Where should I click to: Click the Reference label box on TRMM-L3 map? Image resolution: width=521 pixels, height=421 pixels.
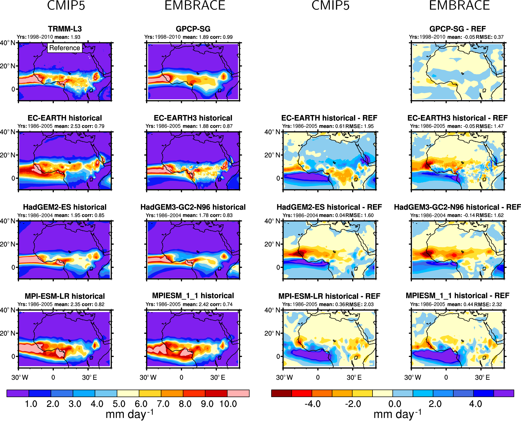point(65,48)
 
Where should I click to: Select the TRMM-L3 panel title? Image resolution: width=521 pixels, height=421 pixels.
point(65,29)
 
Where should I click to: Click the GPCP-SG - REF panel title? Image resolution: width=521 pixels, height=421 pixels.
point(457,29)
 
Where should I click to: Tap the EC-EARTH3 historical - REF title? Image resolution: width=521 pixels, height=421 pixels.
point(457,118)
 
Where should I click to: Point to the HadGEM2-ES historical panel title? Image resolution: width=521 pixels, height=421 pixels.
point(65,207)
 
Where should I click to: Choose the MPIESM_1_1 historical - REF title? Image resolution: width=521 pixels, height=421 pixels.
point(457,296)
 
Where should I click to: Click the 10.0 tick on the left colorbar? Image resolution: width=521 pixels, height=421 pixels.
point(228,404)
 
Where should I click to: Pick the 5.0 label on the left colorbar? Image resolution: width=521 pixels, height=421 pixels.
point(119,404)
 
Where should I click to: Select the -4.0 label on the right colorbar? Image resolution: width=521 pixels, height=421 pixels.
point(312,404)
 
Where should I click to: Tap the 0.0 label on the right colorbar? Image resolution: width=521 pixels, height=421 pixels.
point(394,404)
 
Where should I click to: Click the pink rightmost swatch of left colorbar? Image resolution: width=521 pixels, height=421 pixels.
point(238,393)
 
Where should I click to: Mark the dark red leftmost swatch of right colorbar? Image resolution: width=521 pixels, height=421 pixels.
point(281,393)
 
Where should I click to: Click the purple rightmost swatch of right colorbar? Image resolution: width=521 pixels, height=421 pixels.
point(504,393)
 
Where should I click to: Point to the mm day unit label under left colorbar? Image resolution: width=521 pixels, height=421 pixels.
point(130,414)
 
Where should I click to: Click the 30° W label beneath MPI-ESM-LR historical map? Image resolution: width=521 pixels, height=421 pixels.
point(20,377)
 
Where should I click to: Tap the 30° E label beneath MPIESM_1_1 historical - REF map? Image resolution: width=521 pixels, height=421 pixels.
point(482,377)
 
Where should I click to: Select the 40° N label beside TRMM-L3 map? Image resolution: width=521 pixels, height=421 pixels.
point(8,43)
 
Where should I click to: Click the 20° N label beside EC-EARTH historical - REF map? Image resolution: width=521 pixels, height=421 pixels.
point(272,155)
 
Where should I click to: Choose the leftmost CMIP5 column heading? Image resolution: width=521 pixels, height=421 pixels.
point(66,5)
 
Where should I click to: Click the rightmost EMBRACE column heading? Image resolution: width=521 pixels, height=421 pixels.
point(459,5)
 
